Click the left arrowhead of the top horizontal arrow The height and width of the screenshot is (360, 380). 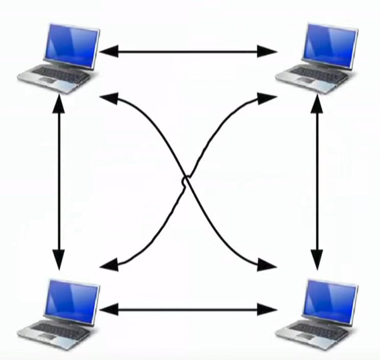click(x=109, y=50)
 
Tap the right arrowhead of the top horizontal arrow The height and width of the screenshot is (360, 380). click(x=267, y=50)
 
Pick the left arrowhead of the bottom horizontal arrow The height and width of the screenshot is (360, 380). click(x=109, y=309)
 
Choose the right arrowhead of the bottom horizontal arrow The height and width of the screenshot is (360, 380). click(x=267, y=309)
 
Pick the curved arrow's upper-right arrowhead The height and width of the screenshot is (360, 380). click(x=266, y=98)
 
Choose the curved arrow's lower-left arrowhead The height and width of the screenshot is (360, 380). click(x=110, y=264)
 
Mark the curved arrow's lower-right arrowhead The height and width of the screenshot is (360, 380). click(x=266, y=264)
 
